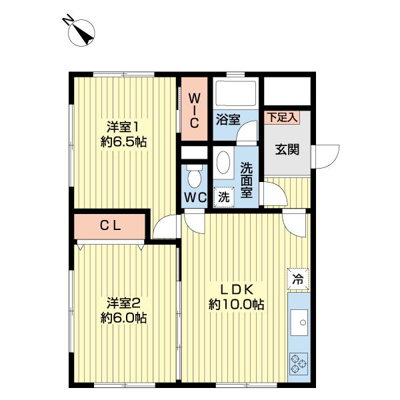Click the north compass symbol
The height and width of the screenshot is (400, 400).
click(81, 33)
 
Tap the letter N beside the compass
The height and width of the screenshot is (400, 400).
click(67, 19)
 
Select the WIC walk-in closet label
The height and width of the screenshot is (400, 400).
click(195, 111)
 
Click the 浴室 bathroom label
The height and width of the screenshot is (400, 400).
click(228, 119)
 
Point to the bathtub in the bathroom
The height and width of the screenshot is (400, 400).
click(236, 93)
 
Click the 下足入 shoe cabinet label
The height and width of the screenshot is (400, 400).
click(282, 117)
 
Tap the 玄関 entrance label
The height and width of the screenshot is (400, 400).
click(287, 149)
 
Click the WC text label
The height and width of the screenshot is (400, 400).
click(195, 197)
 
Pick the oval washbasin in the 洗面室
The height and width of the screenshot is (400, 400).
click(223, 163)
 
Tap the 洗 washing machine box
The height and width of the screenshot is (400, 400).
click(224, 197)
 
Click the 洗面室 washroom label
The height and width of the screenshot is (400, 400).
click(246, 179)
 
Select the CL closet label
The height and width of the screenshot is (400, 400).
click(110, 225)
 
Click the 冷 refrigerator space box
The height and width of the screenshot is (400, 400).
click(298, 279)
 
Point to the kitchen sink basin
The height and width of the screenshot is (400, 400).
click(299, 323)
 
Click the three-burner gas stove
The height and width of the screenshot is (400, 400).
click(299, 364)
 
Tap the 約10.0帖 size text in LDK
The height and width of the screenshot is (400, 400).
click(236, 305)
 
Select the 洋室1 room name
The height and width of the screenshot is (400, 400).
click(123, 127)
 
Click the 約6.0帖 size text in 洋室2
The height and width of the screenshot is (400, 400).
click(123, 318)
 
